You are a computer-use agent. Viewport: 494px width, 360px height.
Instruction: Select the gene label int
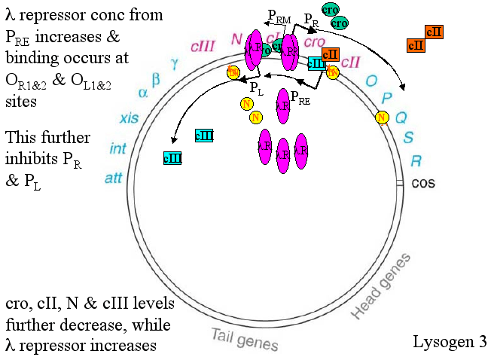click(x=119, y=148)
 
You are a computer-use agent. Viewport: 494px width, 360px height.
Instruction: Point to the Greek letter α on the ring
click(x=143, y=93)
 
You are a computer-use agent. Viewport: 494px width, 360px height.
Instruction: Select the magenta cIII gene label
click(x=203, y=47)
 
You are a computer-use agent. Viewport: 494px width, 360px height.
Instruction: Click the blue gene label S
click(x=408, y=137)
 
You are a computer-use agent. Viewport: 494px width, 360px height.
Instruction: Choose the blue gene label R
click(x=416, y=160)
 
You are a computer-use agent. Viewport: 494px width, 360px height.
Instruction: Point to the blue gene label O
click(x=371, y=81)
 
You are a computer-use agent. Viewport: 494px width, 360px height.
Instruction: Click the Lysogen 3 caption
click(x=450, y=341)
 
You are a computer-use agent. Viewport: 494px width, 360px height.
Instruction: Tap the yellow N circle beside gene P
click(x=382, y=117)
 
